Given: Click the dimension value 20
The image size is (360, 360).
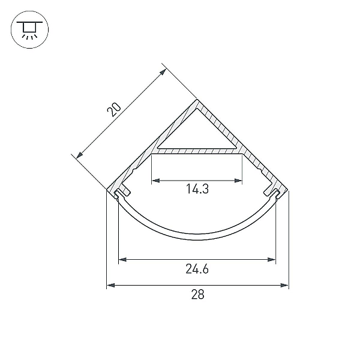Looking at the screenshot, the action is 113,110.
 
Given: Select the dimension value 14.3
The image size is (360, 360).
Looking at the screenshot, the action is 197,189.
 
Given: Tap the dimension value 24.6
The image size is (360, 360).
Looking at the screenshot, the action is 197,269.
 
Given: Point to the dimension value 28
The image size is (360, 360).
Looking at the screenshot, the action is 197,295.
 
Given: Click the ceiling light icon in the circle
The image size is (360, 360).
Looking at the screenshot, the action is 29,29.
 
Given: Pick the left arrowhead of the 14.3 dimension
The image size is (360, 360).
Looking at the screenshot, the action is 156,181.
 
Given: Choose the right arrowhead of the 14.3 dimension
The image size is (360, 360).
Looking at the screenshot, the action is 238,181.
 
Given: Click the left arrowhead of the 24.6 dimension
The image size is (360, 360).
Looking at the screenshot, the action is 122,259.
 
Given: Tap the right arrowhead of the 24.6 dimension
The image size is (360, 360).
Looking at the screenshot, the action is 272,259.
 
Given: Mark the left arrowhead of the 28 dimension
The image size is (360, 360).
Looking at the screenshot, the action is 110,285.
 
